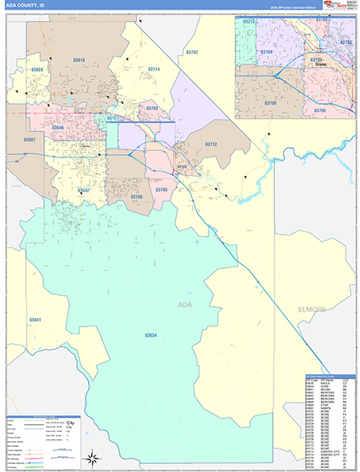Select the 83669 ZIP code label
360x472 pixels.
pyautogui.click(x=38, y=71)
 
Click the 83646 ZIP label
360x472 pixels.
pyautogui.click(x=58, y=127)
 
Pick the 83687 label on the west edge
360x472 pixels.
pyautogui.click(x=30, y=140)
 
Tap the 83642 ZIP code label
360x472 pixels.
pyautogui.click(x=84, y=190)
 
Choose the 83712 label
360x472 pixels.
pyautogui.click(x=211, y=145)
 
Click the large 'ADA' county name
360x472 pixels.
pyautogui.click(x=186, y=304)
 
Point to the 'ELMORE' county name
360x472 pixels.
pyautogui.click(x=312, y=309)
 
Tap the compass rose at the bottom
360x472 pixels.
pyautogui.click(x=92, y=456)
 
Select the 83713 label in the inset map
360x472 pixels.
pyautogui.click(x=249, y=21)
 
